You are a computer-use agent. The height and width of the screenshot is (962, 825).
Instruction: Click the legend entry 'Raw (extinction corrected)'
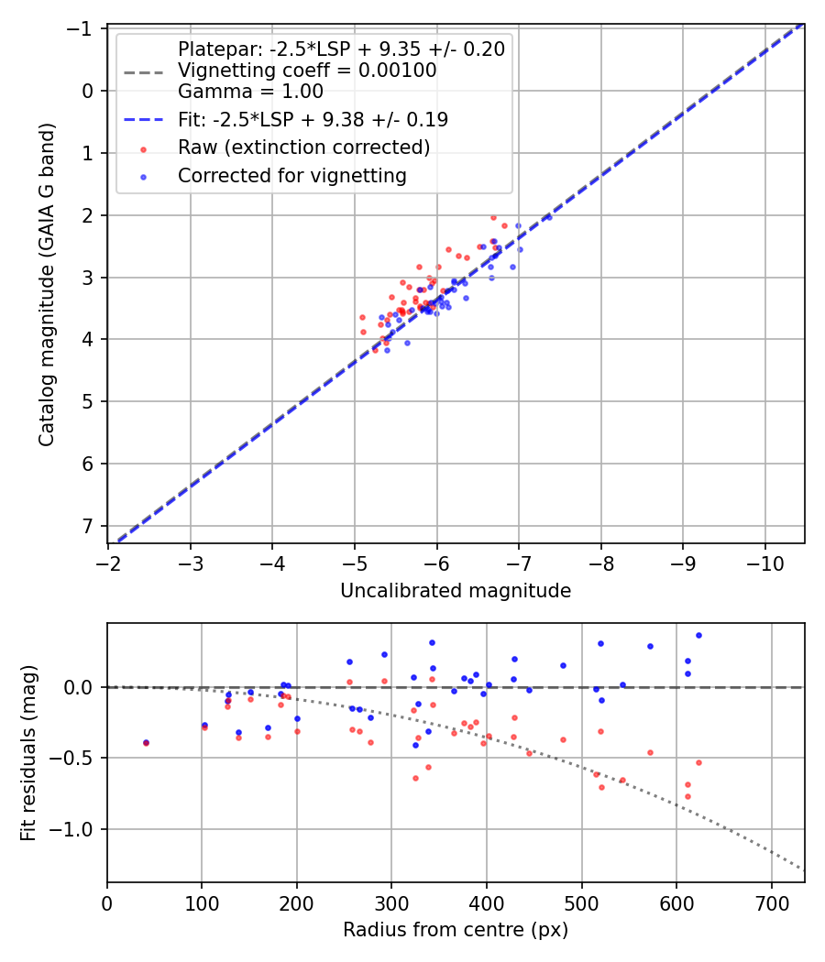point(303,148)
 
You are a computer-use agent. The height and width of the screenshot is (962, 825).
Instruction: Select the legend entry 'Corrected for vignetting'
point(292,175)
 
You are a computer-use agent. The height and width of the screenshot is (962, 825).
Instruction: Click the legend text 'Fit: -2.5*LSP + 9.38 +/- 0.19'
point(313,119)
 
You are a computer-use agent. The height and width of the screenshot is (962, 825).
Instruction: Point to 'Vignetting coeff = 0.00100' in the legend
point(306,71)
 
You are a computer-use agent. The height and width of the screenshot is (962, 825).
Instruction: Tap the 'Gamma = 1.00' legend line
point(250,91)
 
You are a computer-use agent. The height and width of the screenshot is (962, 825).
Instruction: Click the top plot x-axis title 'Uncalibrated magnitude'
point(456,591)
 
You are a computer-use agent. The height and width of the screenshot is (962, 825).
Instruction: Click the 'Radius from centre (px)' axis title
point(456,930)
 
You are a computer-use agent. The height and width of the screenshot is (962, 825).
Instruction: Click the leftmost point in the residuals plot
point(146,743)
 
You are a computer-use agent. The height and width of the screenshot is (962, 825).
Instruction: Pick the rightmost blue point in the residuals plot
point(698,635)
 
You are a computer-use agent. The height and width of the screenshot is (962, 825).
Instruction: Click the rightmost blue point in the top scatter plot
point(548,217)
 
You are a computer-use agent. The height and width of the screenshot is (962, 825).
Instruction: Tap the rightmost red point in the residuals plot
point(698,762)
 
